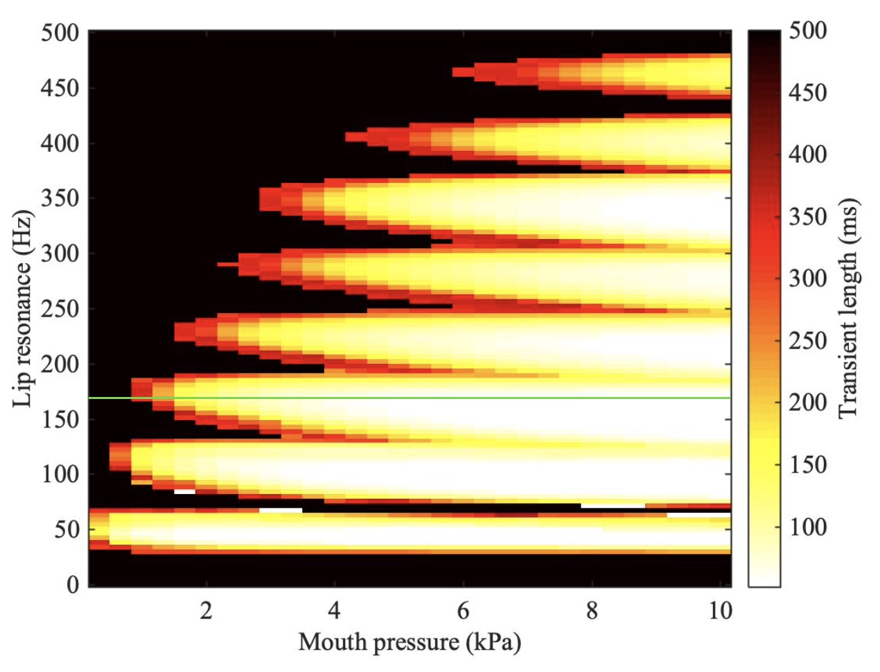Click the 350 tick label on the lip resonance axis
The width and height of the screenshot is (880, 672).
(x=59, y=198)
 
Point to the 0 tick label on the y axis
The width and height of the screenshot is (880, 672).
(x=73, y=585)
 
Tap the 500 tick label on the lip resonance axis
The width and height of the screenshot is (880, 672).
(x=59, y=33)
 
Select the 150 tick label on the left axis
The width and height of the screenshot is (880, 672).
(x=59, y=419)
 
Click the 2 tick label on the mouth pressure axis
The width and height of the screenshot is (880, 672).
(x=206, y=611)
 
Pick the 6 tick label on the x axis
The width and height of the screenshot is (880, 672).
(x=463, y=611)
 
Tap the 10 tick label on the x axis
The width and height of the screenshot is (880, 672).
(x=721, y=611)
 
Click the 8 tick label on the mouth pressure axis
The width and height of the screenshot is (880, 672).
(x=592, y=611)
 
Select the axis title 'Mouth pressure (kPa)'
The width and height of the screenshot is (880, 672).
(x=410, y=642)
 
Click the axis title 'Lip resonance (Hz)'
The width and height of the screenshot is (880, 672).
(x=23, y=308)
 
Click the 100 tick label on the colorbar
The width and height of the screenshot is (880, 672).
(x=808, y=527)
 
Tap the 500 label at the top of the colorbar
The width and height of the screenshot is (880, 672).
(x=808, y=31)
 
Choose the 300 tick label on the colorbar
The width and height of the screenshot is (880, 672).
(x=808, y=278)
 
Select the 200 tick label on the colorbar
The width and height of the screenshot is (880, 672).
(x=808, y=403)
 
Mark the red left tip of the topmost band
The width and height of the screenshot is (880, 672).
(x=457, y=71)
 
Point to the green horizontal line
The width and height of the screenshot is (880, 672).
(x=416, y=398)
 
